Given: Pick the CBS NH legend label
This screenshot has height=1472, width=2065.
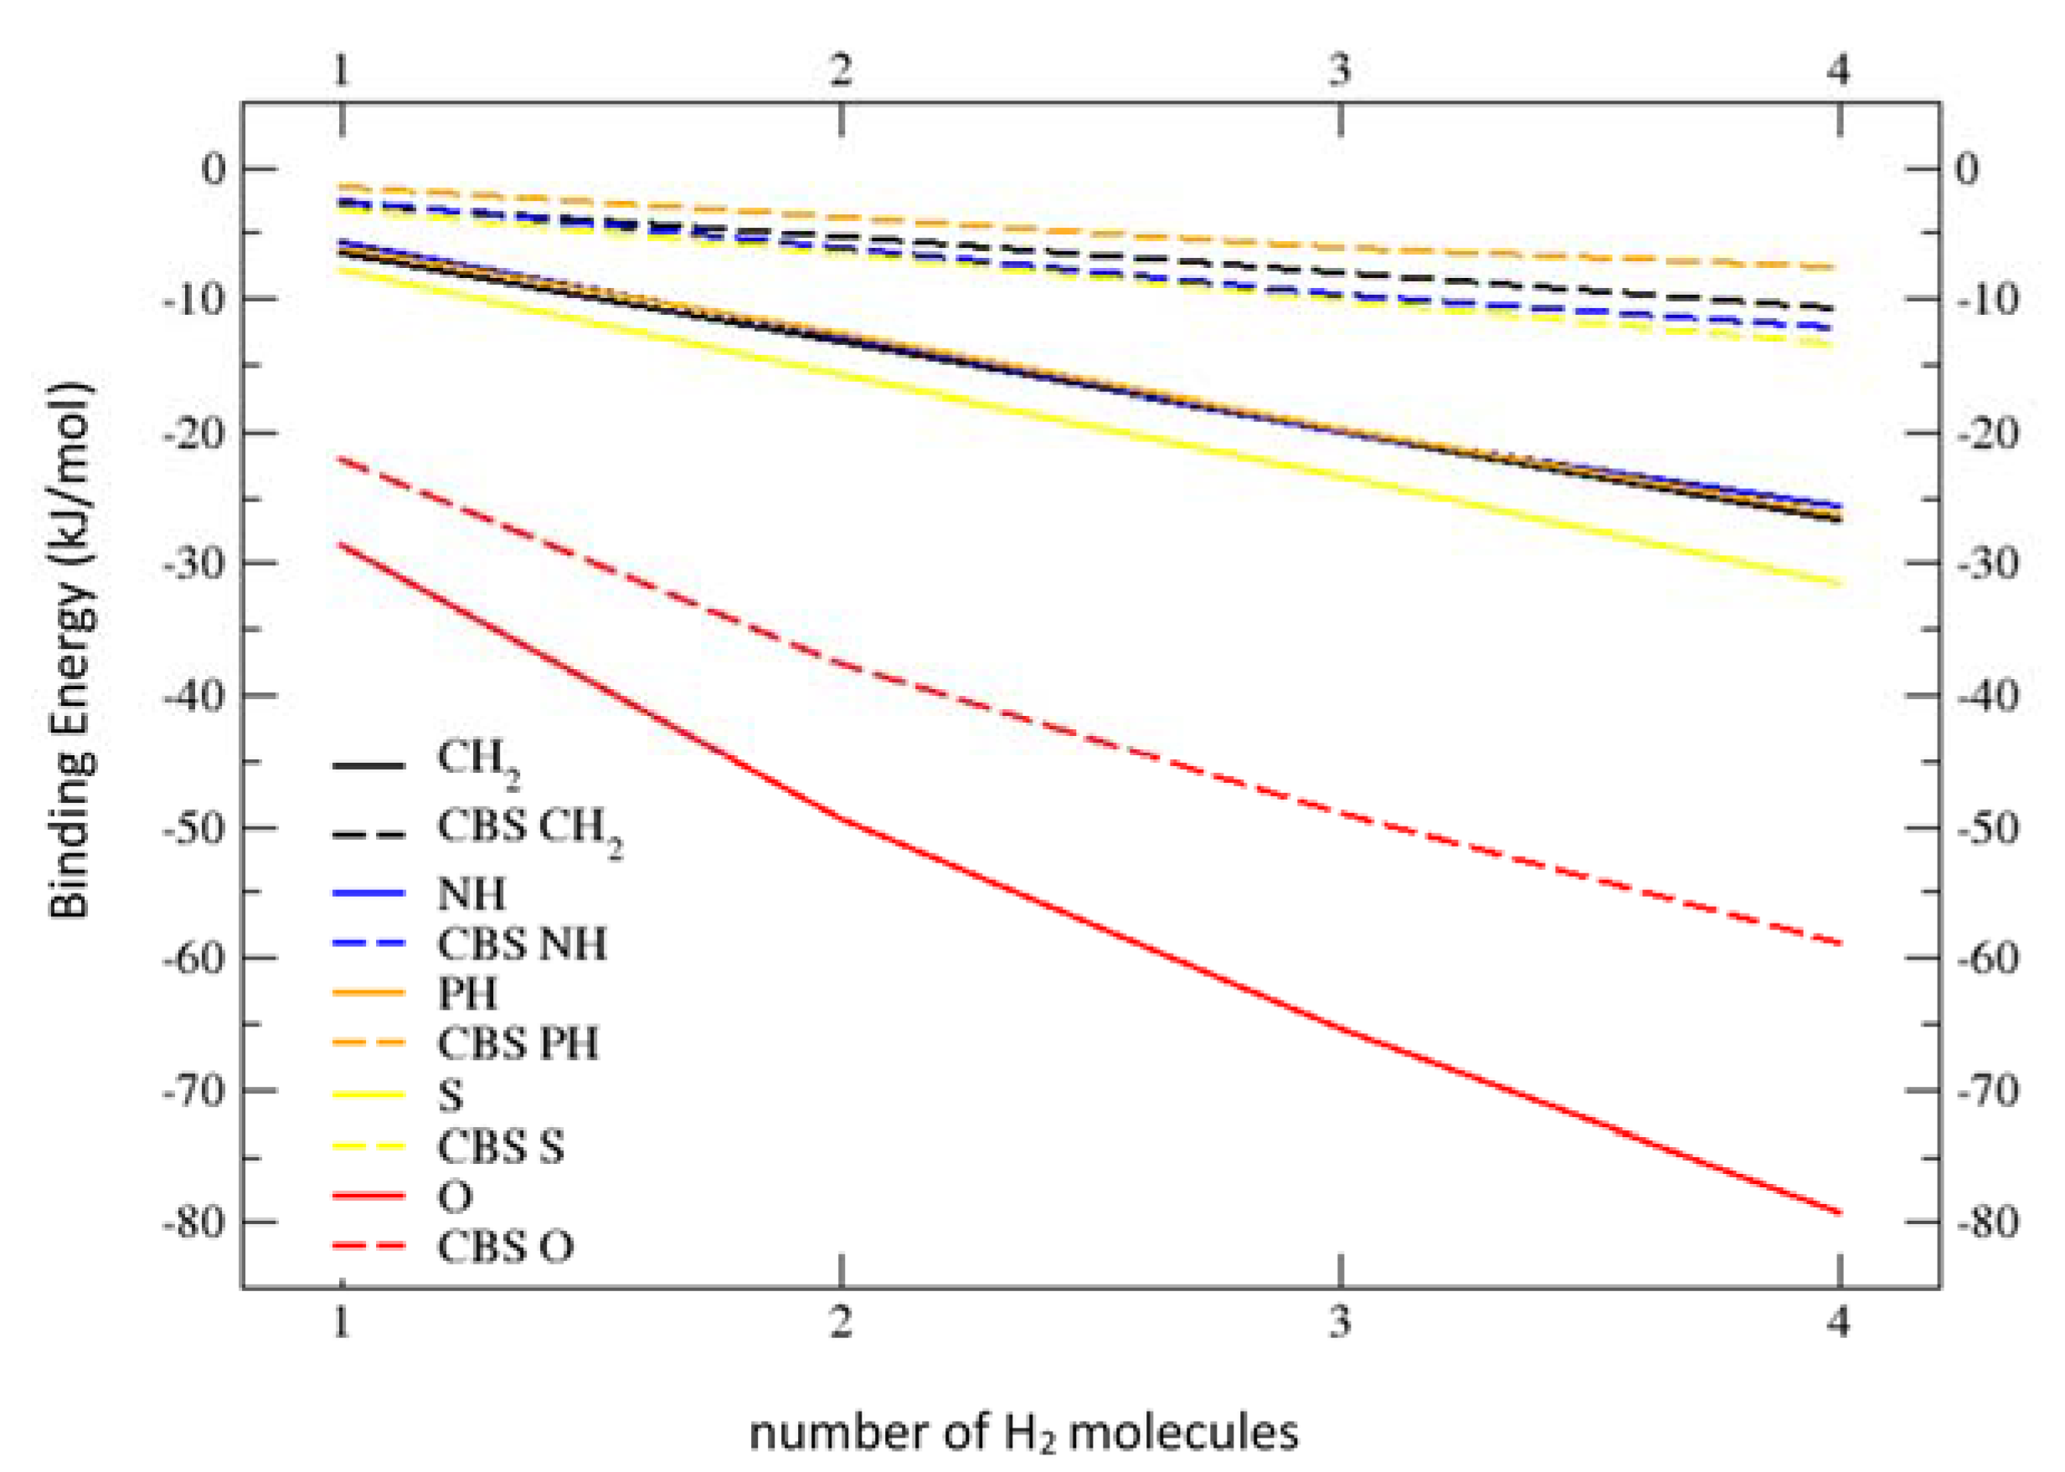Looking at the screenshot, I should click(x=521, y=944).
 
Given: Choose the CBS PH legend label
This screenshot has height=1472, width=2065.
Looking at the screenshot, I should click(x=518, y=1043).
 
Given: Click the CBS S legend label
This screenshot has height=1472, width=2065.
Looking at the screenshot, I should click(x=501, y=1146).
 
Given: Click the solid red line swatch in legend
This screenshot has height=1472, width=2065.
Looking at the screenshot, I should click(x=368, y=1197).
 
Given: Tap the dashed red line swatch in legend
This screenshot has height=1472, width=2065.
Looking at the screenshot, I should click(x=368, y=1248).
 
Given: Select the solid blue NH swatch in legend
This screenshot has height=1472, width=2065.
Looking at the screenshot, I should click(x=368, y=893).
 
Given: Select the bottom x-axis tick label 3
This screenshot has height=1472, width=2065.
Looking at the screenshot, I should click(x=1340, y=1322).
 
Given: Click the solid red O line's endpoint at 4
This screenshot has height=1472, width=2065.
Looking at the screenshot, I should click(x=1838, y=1212).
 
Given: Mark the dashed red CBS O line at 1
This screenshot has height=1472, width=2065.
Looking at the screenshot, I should click(x=342, y=459).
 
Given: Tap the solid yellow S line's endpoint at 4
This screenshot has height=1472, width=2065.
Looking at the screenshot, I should click(x=1838, y=583).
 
